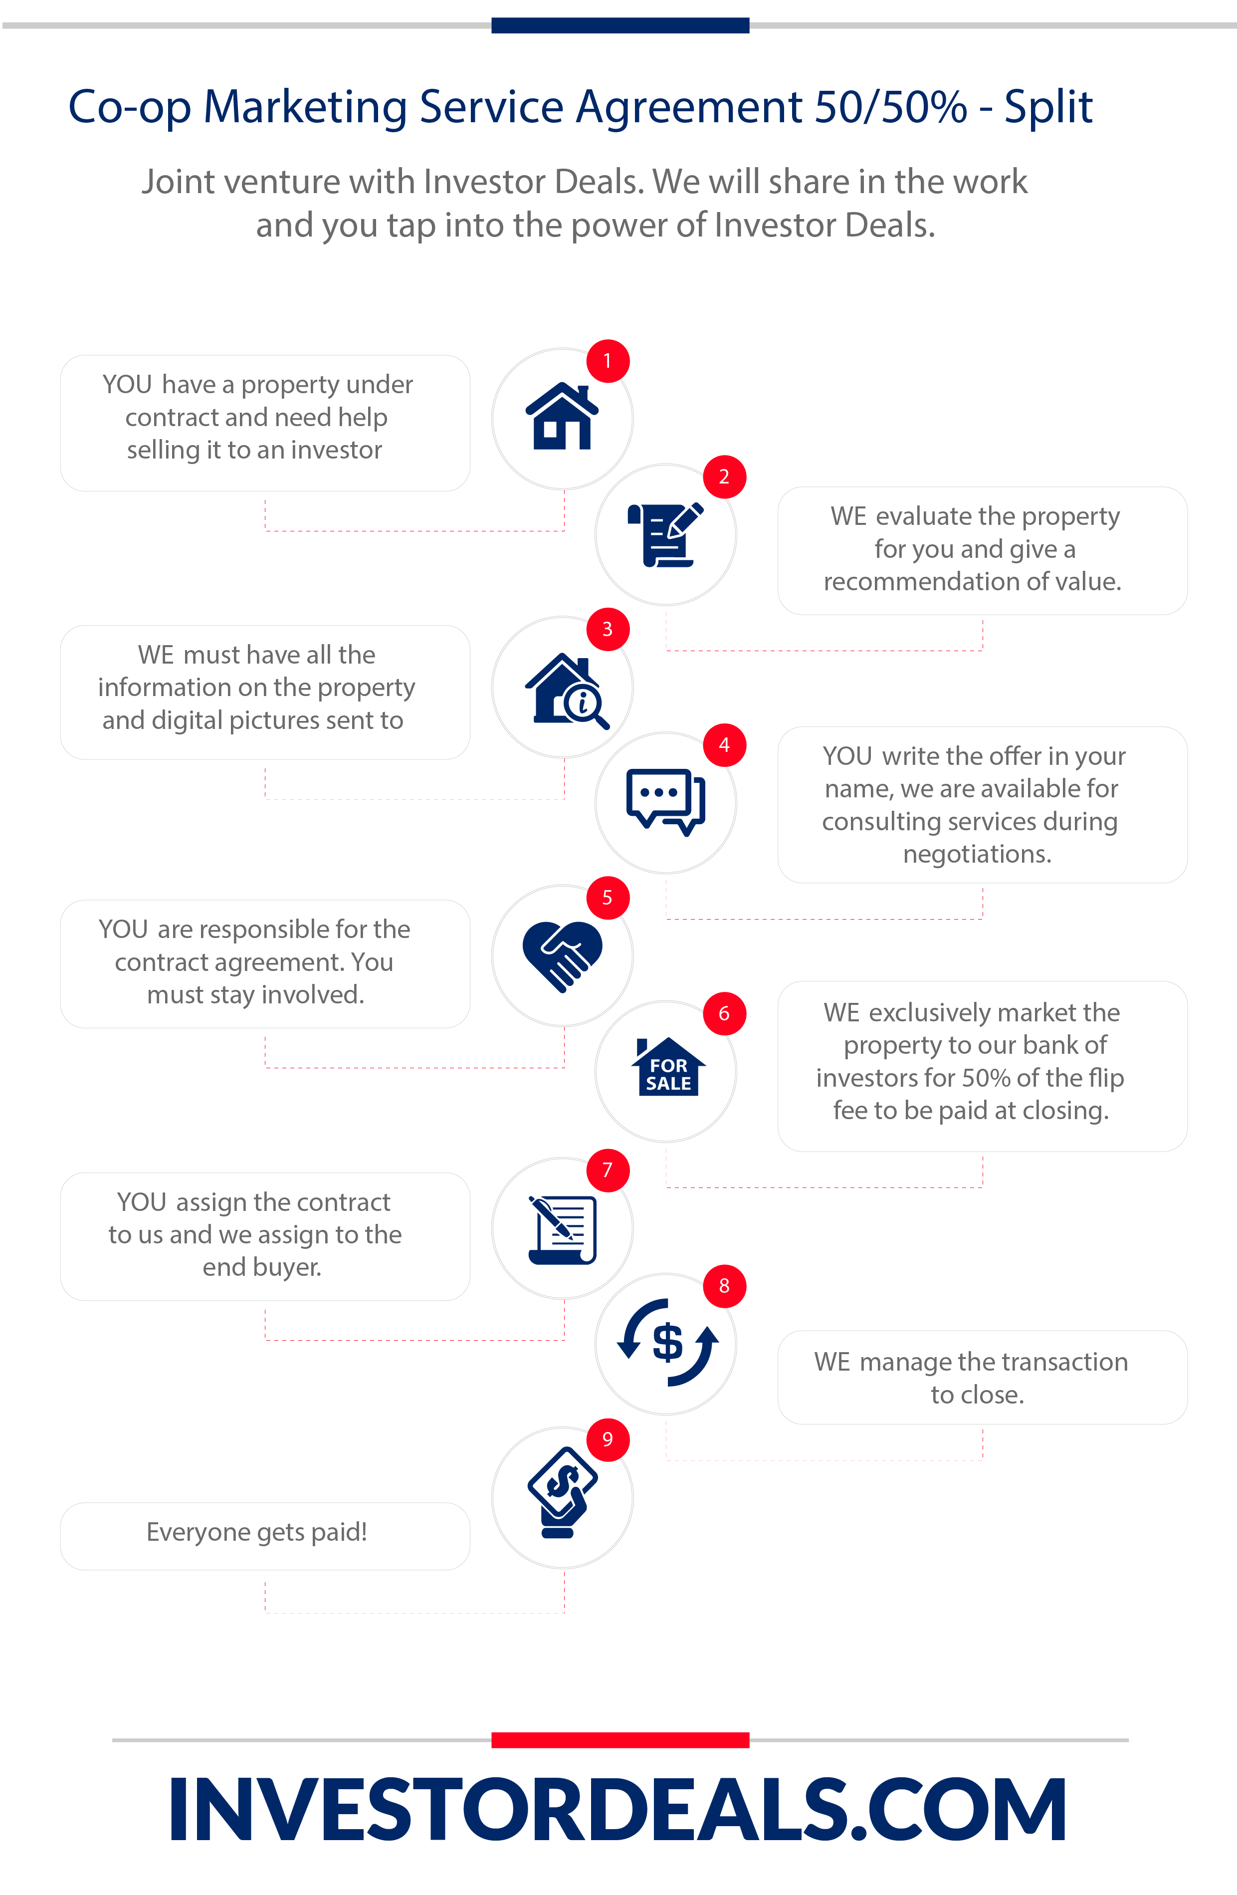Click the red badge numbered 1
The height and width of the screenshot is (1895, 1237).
(608, 361)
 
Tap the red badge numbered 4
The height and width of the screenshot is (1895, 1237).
(724, 745)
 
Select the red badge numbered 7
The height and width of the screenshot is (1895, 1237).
(608, 1171)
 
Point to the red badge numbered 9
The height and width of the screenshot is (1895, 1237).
(608, 1439)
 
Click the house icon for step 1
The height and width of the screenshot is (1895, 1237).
(562, 416)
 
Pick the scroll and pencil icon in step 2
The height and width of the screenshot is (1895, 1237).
(665, 534)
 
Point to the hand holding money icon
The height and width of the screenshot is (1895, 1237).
(563, 1491)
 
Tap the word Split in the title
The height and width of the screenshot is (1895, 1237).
(1047, 107)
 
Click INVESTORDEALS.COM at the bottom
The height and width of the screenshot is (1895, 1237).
(618, 1809)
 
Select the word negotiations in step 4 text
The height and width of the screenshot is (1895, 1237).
(976, 854)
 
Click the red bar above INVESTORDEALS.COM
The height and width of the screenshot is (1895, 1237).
(620, 1740)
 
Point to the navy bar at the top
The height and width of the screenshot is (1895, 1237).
(620, 25)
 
